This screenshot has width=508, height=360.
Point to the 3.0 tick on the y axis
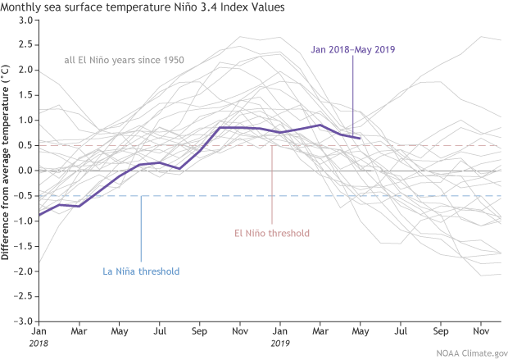coord(25,20)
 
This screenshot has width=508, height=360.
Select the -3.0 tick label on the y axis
coord(23,321)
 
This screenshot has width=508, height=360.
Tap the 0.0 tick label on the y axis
coord(25,171)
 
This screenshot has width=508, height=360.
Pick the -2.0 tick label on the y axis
coord(23,271)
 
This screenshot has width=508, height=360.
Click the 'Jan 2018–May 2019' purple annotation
coord(353,49)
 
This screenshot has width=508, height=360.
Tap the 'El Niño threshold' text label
coord(271,233)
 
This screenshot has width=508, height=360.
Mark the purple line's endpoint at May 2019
coord(359,139)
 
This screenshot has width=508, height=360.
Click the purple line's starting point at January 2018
coord(39,215)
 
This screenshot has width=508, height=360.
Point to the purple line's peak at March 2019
coord(320,125)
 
